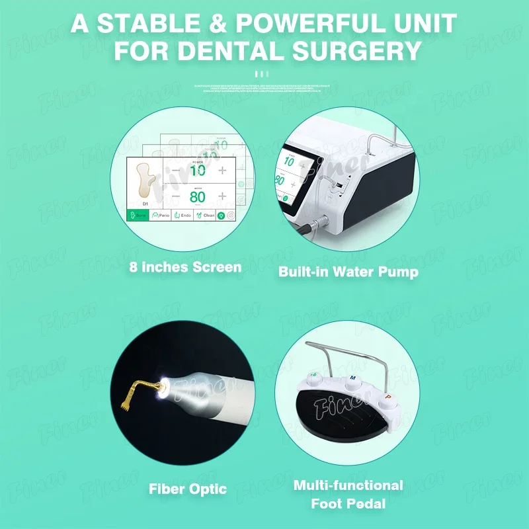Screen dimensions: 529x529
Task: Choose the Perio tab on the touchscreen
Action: click(161, 215)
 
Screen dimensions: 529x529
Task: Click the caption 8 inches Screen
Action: click(185, 268)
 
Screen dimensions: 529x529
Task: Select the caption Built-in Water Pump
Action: click(348, 272)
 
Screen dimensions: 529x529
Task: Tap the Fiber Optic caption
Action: click(187, 490)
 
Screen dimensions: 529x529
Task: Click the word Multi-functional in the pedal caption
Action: click(348, 485)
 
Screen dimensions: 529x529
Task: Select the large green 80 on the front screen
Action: click(198, 196)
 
